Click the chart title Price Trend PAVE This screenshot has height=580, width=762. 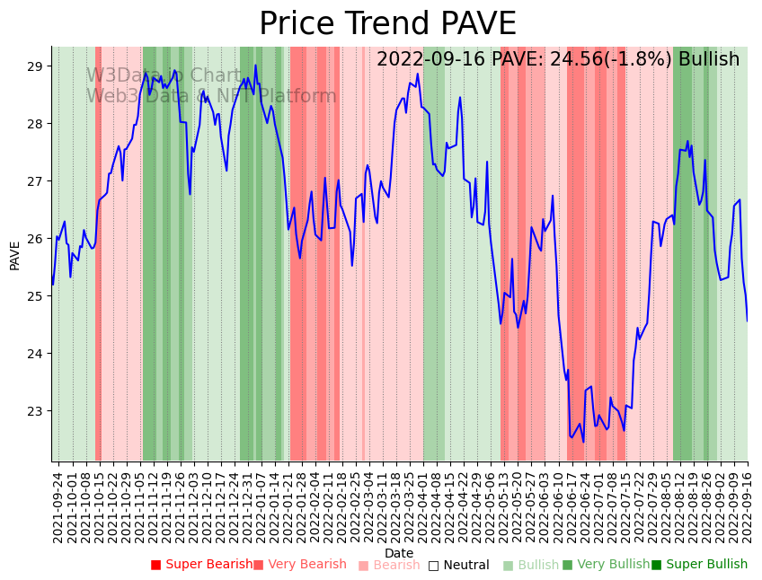387,24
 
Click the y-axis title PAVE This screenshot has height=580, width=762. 15,254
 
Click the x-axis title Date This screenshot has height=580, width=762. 399,553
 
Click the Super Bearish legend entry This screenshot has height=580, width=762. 201,565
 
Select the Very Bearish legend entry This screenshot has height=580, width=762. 299,565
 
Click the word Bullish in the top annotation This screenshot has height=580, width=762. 709,60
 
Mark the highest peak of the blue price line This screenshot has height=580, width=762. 255,66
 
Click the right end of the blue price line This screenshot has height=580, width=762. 747,321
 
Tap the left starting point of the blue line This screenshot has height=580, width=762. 52,285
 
